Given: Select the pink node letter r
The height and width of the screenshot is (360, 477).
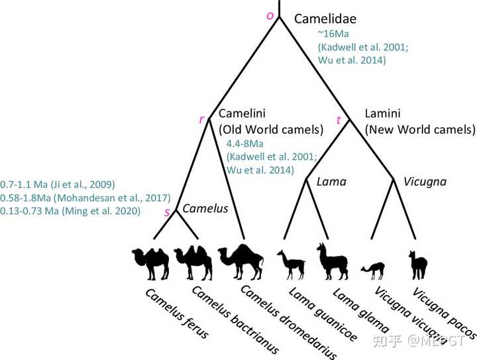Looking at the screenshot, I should click(x=201, y=119).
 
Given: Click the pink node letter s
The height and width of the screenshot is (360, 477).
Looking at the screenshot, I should click(x=167, y=211).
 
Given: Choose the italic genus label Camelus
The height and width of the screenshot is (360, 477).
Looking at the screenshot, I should click(x=205, y=208).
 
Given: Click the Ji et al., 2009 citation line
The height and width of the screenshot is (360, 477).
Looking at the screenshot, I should click(x=59, y=184).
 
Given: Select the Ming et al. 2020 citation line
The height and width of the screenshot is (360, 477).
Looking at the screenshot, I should click(x=70, y=211).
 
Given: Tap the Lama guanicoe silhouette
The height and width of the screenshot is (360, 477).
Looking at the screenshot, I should click(x=291, y=264).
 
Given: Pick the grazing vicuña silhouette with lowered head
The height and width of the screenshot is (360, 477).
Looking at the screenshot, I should click(x=372, y=269).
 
